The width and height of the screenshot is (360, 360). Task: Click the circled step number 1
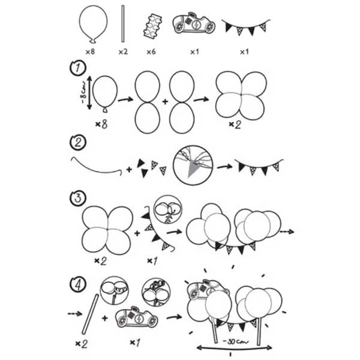pos(78,68)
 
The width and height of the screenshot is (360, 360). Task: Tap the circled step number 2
pos(78,143)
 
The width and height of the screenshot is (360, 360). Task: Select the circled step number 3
pos(78,197)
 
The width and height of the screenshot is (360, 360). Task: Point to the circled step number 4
pos(78,285)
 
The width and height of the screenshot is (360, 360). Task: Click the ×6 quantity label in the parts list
pos(151,52)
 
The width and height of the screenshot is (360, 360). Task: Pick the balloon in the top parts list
pos(93,24)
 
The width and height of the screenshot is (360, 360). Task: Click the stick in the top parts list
pos(123,23)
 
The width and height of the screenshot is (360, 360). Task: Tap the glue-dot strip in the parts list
pos(152,26)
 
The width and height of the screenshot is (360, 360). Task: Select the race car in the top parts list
pos(194,23)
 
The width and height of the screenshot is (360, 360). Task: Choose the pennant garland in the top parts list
pos(245,27)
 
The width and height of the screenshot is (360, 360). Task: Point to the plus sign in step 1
pos(165,101)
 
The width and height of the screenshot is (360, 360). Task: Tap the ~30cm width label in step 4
pos(236,341)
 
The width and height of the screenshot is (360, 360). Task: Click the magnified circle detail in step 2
pos(193,166)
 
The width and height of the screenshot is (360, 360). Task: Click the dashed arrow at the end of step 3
pos(287,232)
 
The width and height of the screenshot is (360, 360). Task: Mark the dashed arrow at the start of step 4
pos(75,313)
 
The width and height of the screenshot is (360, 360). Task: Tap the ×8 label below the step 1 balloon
pos(101,124)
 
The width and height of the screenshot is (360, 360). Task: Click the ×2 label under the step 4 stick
pos(82,344)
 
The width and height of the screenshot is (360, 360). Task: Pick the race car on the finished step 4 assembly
pos(206,290)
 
